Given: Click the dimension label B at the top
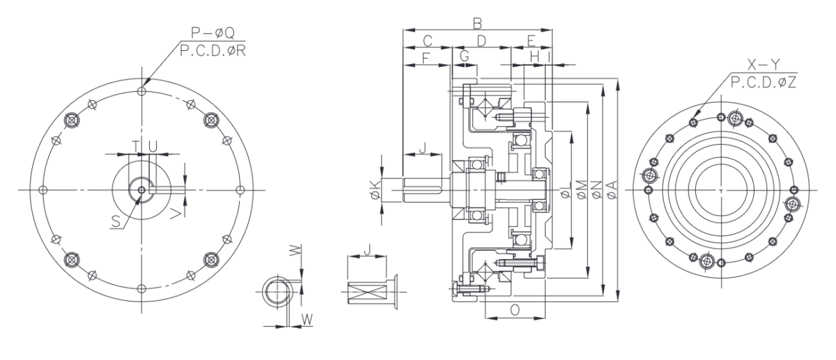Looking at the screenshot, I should point(477,22).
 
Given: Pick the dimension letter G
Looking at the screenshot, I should point(464,55).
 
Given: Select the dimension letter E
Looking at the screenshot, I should point(531,40).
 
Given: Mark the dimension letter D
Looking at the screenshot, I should point(480,40).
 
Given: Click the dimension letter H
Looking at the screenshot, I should point(534,55).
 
